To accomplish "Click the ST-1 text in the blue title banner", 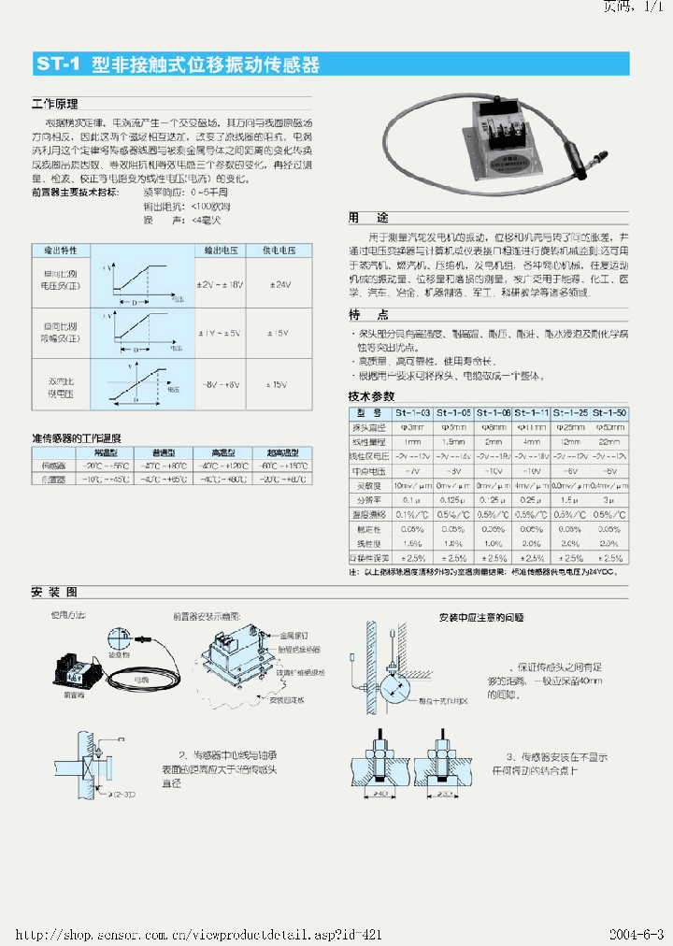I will pyautogui.click(x=59, y=65).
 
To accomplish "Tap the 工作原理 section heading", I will pyautogui.click(x=54, y=105).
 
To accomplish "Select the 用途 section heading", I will pyautogui.click(x=368, y=217).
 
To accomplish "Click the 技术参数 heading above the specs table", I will pyautogui.click(x=371, y=397).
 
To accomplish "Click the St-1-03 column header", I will pyautogui.click(x=412, y=413).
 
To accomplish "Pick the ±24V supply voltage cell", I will pyautogui.click(x=279, y=284).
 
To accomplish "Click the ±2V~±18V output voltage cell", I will pyautogui.click(x=222, y=284).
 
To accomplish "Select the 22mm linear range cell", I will pyautogui.click(x=609, y=441).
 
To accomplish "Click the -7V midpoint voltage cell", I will pyautogui.click(x=412, y=471).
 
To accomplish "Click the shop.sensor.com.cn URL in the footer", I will pyautogui.click(x=196, y=935).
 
